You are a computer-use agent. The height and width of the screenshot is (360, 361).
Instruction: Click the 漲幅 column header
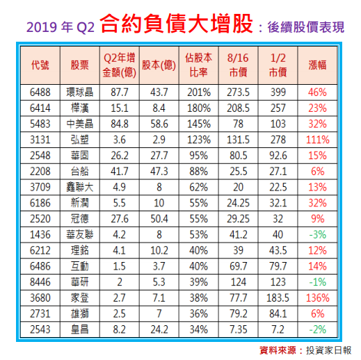click(x=317, y=65)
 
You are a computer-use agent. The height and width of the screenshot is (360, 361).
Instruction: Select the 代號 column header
click(x=40, y=65)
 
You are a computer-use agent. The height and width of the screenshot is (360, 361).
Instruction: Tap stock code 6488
click(x=40, y=92)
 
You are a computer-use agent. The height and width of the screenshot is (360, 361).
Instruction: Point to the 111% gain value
click(x=317, y=138)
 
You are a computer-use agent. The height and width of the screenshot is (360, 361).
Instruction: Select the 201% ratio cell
click(x=199, y=92)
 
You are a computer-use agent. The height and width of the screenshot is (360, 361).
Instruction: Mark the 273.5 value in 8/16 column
click(x=238, y=92)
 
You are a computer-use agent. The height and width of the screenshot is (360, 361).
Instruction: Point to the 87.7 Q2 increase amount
click(x=120, y=92)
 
